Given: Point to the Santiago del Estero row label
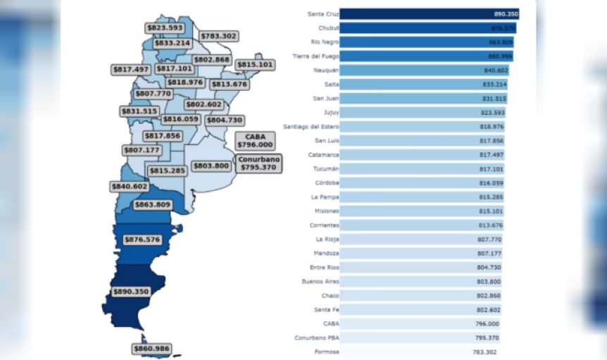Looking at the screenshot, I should pyautogui.click(x=311, y=126).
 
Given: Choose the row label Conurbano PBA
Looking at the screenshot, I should pyautogui.click(x=317, y=337).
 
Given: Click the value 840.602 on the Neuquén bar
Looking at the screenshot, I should pyautogui.click(x=493, y=70).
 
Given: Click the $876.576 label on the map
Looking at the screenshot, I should pyautogui.click(x=142, y=240).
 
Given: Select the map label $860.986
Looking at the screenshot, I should pyautogui.click(x=151, y=349).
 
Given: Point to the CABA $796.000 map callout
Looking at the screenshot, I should pyautogui.click(x=255, y=140).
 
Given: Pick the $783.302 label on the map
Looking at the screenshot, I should pyautogui.click(x=219, y=36).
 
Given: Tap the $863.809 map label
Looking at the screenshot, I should pyautogui.click(x=153, y=205).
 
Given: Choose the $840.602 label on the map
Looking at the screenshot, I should pyautogui.click(x=130, y=187).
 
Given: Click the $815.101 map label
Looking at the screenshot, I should pyautogui.click(x=255, y=65).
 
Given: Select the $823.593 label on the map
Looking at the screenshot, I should pyautogui.click(x=164, y=28).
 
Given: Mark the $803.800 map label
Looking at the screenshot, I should pyautogui.click(x=211, y=166).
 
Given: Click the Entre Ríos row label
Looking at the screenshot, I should pyautogui.click(x=324, y=267).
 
